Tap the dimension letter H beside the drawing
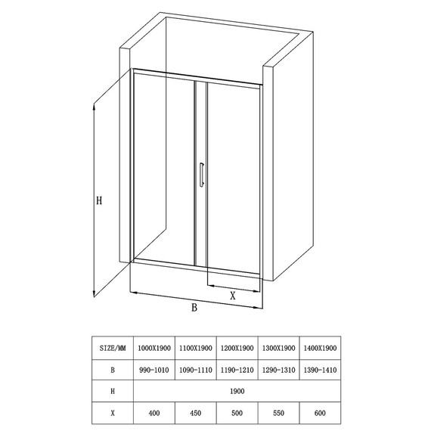99,200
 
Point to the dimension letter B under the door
194,308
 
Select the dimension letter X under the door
233,296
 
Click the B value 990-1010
153,370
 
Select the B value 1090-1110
195,370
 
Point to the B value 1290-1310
279,370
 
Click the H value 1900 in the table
237,392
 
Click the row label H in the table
113,392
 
